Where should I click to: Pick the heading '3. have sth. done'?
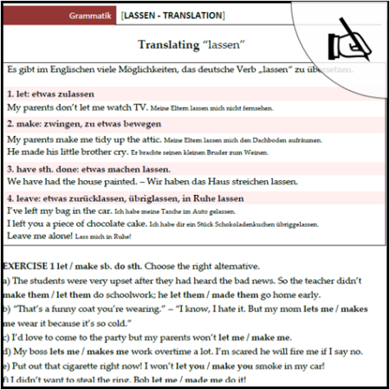43,169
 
